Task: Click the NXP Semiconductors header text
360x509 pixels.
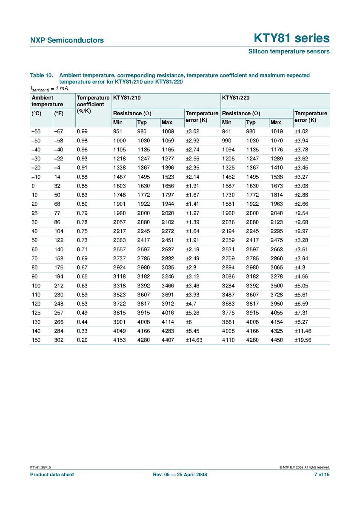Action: point(67,40)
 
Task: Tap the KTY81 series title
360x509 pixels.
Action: point(291,38)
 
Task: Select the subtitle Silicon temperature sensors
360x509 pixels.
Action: point(289,51)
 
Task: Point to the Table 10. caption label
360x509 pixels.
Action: point(41,75)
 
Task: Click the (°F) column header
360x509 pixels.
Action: point(59,114)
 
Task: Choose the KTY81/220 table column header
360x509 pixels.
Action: point(235,97)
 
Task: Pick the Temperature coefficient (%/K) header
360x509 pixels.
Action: point(93,104)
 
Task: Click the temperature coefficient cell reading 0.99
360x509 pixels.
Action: point(82,132)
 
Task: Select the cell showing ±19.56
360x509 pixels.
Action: point(303,340)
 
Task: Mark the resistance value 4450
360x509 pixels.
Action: point(277,340)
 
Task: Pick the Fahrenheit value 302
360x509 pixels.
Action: point(59,340)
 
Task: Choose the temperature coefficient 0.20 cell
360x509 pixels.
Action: point(82,340)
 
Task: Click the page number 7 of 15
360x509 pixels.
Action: point(321,475)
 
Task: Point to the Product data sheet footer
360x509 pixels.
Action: point(51,475)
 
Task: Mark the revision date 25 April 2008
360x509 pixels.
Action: point(190,475)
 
